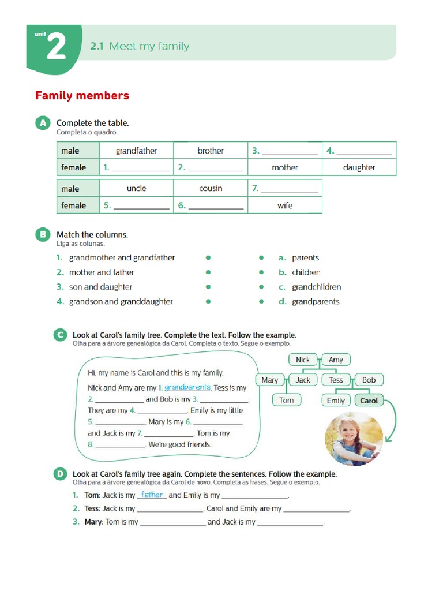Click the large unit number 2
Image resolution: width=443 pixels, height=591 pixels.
pyautogui.click(x=56, y=47)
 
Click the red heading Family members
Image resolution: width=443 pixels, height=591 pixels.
pyautogui.click(x=82, y=96)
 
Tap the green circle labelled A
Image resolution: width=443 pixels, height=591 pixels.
pyautogui.click(x=42, y=124)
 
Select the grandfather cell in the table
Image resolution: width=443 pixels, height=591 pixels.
pyautogui.click(x=136, y=151)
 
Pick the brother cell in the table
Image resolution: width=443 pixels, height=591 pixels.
pyautogui.click(x=211, y=151)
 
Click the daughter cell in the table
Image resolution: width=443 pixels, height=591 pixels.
pyautogui.click(x=359, y=168)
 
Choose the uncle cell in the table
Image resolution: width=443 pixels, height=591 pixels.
pyautogui.click(x=136, y=189)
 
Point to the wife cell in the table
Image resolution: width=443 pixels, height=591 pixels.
pyautogui.click(x=285, y=205)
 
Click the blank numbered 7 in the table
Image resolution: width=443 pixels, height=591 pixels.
pyautogui.click(x=289, y=189)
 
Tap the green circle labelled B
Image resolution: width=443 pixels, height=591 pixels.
pyautogui.click(x=42, y=235)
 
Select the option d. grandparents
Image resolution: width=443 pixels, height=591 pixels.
pyautogui.click(x=316, y=302)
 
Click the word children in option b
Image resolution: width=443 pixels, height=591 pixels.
pyautogui.click(x=306, y=272)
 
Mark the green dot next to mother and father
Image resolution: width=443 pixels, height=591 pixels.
pyautogui.click(x=208, y=272)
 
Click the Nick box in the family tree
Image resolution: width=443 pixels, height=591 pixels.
pyautogui.click(x=303, y=360)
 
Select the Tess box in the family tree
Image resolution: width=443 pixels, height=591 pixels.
pyautogui.click(x=336, y=380)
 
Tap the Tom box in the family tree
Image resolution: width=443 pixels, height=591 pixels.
pyautogui.click(x=287, y=401)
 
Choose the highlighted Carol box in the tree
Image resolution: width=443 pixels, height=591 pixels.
pyautogui.click(x=369, y=401)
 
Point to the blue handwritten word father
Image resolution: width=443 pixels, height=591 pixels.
pyautogui.click(x=152, y=495)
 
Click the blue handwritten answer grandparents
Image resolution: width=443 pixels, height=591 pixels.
pyautogui.click(x=187, y=387)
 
